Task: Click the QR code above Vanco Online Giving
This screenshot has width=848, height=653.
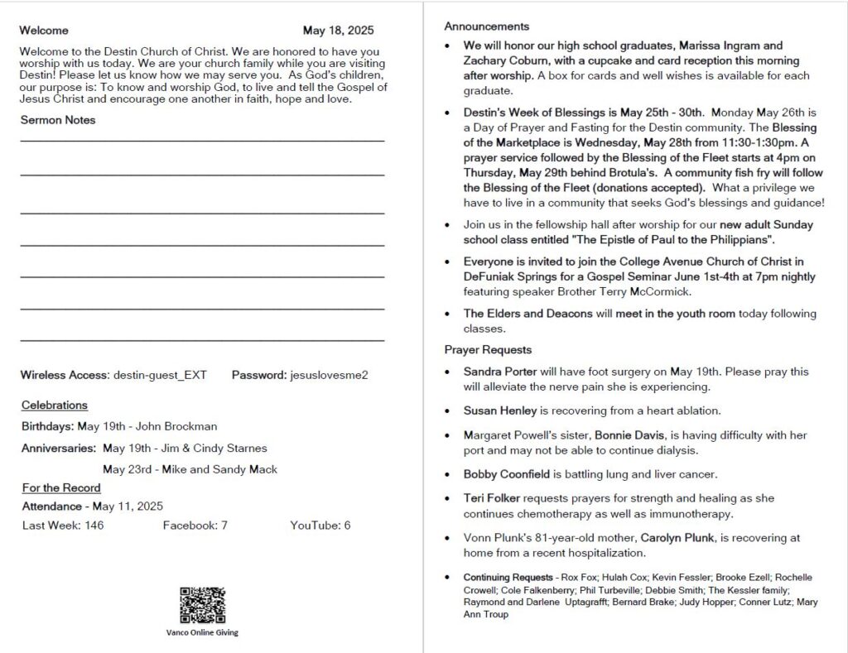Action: coord(202,605)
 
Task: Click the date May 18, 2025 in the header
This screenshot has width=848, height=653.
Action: coord(338,31)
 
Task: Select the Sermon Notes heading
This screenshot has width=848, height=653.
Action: coord(58,120)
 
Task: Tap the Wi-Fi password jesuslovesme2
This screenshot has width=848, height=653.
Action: coord(329,375)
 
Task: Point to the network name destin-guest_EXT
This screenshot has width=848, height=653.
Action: coord(160,375)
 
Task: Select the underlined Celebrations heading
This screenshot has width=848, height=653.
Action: coord(55,405)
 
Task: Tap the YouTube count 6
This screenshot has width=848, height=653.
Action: coord(347,525)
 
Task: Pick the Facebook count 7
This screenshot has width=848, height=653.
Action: coord(224,525)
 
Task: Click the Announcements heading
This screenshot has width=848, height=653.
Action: coord(486,26)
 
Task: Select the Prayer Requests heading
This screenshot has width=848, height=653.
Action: coord(488,349)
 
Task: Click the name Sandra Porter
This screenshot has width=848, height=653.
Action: coord(500,372)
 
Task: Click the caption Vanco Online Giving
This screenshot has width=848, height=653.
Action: coord(202,632)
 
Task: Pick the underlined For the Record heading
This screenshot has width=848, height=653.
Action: coord(61,487)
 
